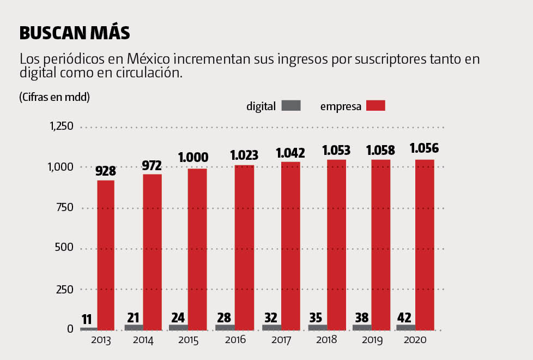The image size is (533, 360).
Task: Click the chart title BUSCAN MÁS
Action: (x=75, y=33)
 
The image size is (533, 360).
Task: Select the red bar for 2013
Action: (x=106, y=255)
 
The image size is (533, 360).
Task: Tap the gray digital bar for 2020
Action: (x=405, y=327)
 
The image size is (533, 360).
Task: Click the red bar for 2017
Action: (x=290, y=245)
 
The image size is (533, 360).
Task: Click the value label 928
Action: (x=106, y=171)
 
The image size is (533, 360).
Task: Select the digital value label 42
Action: (x=404, y=316)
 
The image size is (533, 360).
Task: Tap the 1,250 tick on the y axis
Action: (x=61, y=127)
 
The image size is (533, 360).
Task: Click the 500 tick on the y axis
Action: (x=63, y=249)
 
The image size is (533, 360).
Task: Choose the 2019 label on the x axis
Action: (x=373, y=340)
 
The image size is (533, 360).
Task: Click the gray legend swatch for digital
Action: (x=291, y=106)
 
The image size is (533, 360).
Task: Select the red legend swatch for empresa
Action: (x=375, y=106)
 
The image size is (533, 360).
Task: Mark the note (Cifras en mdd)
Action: (x=54, y=97)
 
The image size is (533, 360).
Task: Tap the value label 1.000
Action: (x=193, y=158)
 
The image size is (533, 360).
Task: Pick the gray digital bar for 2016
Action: (x=225, y=327)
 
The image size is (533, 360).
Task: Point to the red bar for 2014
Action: (x=153, y=252)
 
